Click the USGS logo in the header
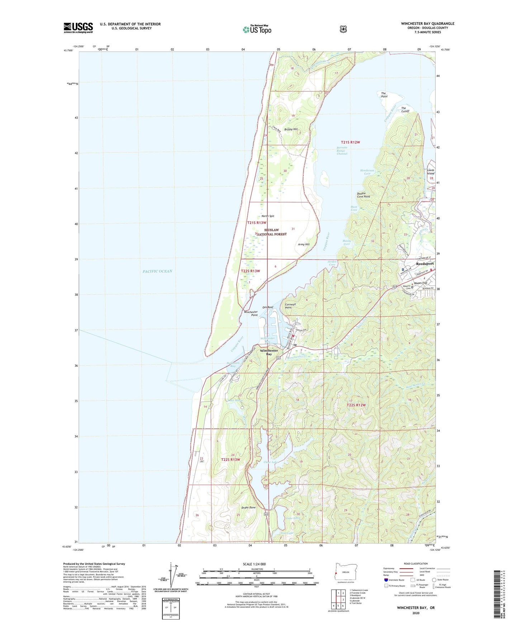pos(78,28)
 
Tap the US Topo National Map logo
pos(257,29)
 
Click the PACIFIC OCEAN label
pos(157,271)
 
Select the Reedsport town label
pos(425,264)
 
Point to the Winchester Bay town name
pos(269,352)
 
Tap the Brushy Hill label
pos(291,129)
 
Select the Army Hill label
pos(304,244)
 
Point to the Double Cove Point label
pos(363,195)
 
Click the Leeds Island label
pos(431,172)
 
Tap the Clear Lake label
pos(271,462)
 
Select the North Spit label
pos(268,216)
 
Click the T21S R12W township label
pos(350,142)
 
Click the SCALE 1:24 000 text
pos(254,564)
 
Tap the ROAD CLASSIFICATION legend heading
pos(415,564)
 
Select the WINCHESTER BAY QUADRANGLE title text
pos(427,24)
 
